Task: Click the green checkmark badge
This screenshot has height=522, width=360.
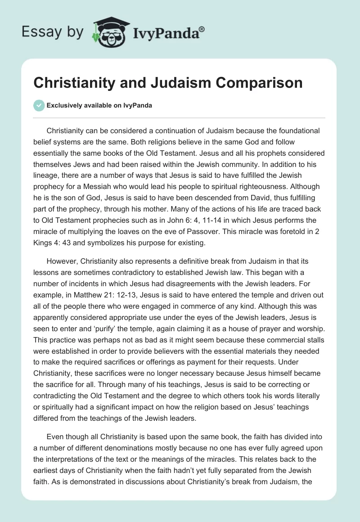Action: coord(39,105)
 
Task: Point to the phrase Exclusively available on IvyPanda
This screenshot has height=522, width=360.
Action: coord(99,106)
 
